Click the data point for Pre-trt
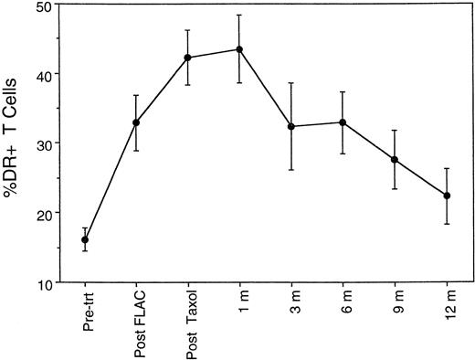pyautogui.click(x=85, y=239)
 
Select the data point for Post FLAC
pyautogui.click(x=136, y=122)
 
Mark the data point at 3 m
pyautogui.click(x=291, y=126)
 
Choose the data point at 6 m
pyautogui.click(x=343, y=122)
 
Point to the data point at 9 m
pyautogui.click(x=395, y=160)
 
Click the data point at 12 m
pyautogui.click(x=446, y=196)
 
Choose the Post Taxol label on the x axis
pyautogui.click(x=188, y=324)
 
